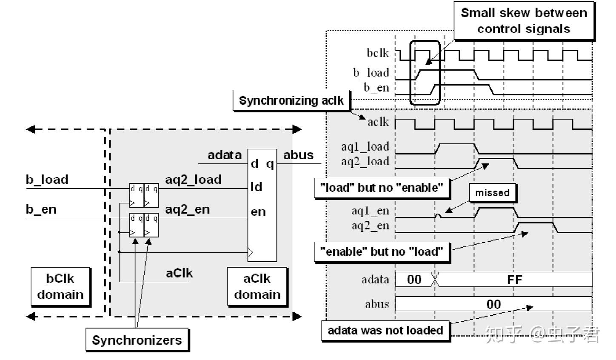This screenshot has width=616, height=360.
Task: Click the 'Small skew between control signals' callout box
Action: [524, 20]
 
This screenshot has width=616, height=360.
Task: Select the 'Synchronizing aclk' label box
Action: [291, 100]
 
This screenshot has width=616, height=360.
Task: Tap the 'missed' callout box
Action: [492, 193]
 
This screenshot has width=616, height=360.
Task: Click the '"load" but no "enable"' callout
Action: [382, 188]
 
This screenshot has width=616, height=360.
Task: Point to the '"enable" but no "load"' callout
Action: [382, 251]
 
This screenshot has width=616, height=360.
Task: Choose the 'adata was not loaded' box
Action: [385, 330]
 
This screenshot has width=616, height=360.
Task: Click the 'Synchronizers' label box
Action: [137, 340]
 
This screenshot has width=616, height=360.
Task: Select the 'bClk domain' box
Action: [60, 286]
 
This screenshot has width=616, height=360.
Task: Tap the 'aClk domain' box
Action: [257, 286]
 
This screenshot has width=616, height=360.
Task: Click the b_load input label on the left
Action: [47, 180]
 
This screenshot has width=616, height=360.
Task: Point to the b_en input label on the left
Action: [41, 209]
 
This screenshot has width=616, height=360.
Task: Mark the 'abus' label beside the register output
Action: [298, 155]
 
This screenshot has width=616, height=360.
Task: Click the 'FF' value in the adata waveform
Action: [514, 280]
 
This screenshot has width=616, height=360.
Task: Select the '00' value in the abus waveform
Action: [493, 304]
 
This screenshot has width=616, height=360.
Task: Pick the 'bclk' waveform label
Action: [378, 53]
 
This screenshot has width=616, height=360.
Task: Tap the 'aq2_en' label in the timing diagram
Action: [370, 225]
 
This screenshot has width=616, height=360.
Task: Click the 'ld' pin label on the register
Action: [257, 187]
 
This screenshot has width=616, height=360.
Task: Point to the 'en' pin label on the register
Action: [258, 211]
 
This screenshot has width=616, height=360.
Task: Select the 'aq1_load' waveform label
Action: [365, 146]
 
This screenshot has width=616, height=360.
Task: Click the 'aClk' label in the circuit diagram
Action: [179, 273]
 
